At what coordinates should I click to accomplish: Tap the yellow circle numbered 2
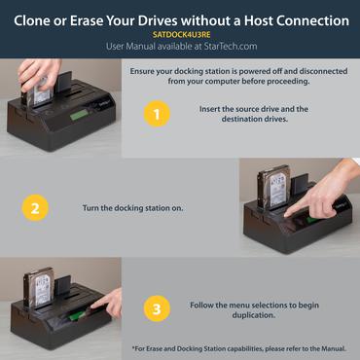[33, 207]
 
